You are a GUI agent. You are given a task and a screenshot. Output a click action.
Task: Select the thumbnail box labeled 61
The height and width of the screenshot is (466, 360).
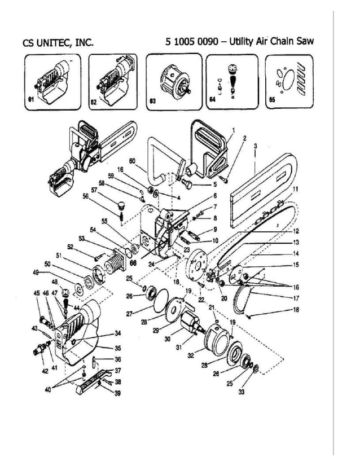[53, 81]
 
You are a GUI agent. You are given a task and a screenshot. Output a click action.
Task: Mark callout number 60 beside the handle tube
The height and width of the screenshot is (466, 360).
[132, 161]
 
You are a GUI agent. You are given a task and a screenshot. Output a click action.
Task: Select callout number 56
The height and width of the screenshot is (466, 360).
[102, 197]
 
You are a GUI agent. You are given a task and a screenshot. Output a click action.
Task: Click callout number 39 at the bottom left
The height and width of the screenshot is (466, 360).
[117, 393]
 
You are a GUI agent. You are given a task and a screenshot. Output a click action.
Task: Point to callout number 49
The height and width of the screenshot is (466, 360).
[36, 272]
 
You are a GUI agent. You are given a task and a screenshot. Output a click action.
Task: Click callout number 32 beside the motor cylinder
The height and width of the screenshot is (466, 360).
[191, 356]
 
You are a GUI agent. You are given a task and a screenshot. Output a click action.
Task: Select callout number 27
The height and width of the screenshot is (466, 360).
[130, 314]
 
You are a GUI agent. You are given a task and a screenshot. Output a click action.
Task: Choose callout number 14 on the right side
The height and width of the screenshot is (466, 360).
[296, 253]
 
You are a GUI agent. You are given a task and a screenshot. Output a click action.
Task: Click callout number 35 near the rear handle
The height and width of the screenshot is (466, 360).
[118, 348]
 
